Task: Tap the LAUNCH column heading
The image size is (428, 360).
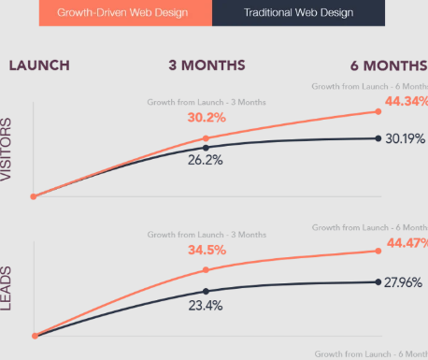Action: (x=38, y=65)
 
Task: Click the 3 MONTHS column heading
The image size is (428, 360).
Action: (x=207, y=65)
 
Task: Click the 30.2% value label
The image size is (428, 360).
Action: (x=206, y=119)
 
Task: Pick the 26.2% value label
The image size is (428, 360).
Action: (x=206, y=160)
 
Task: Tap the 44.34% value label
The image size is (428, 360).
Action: (x=405, y=101)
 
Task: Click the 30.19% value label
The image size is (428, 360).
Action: (x=405, y=138)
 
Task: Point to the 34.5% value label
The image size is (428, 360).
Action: (x=206, y=252)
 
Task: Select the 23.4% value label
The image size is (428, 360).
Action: (x=206, y=304)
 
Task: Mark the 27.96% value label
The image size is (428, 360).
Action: (x=405, y=281)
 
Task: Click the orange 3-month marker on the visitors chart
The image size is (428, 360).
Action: (x=206, y=138)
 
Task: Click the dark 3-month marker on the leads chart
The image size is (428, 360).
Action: (x=206, y=291)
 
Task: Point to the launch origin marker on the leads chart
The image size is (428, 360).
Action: (x=35, y=336)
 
